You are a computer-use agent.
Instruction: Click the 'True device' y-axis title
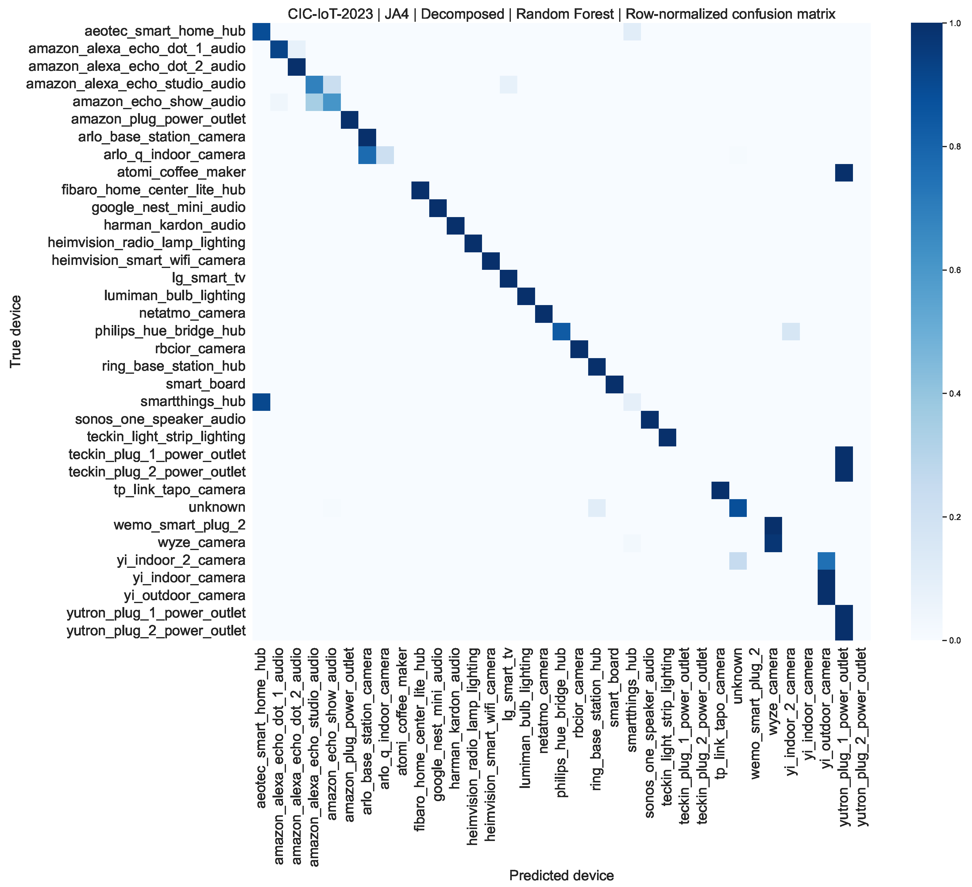pos(16,331)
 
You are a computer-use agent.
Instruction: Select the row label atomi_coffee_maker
pos(181,172)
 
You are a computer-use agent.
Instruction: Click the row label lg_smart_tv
pos(209,278)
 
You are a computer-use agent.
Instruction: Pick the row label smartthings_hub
pos(193,401)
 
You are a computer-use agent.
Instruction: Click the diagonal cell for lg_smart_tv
pos(508,278)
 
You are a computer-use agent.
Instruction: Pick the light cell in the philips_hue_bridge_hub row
pos(791,331)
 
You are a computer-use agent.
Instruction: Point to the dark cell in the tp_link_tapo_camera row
pos(720,490)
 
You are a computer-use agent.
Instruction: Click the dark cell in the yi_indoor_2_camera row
pos(826,561)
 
